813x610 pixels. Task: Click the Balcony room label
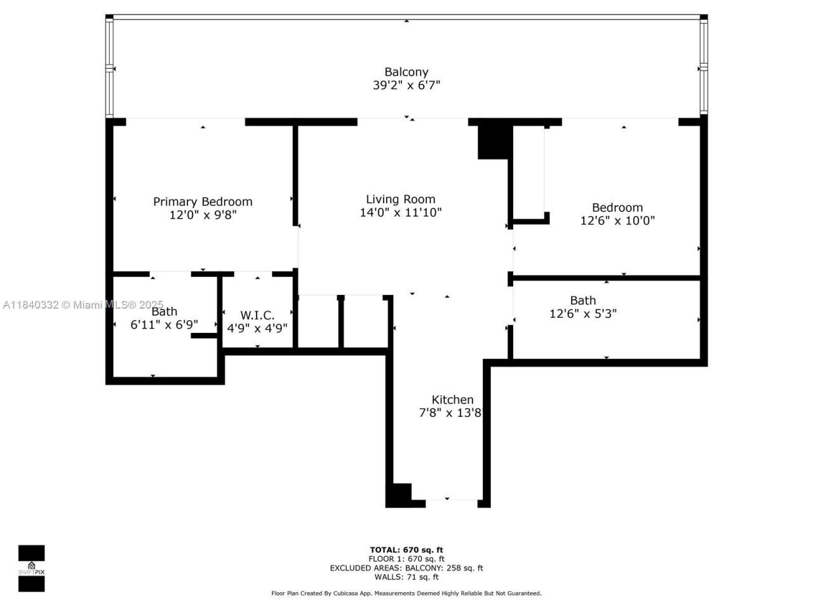click(406, 72)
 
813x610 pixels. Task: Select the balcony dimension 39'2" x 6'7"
click(406, 85)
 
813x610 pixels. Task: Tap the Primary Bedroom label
click(203, 201)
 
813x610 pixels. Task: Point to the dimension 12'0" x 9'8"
click(203, 215)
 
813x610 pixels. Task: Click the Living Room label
click(400, 199)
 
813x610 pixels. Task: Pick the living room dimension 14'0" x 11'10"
click(400, 213)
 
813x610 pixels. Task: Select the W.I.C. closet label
click(257, 315)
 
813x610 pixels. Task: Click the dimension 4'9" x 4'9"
click(257, 329)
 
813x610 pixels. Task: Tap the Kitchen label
click(452, 400)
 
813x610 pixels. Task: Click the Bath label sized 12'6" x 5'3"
click(582, 300)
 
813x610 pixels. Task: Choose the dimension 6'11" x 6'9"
click(164, 324)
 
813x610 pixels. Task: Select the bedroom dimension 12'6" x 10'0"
click(617, 221)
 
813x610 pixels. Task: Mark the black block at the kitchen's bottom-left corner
click(399, 495)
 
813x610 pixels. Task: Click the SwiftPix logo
click(31, 568)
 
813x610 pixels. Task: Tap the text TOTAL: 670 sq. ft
click(406, 550)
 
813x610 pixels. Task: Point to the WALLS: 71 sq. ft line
click(406, 577)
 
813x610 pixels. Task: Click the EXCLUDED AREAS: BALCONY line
click(406, 568)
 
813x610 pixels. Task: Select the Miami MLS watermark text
click(83, 305)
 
